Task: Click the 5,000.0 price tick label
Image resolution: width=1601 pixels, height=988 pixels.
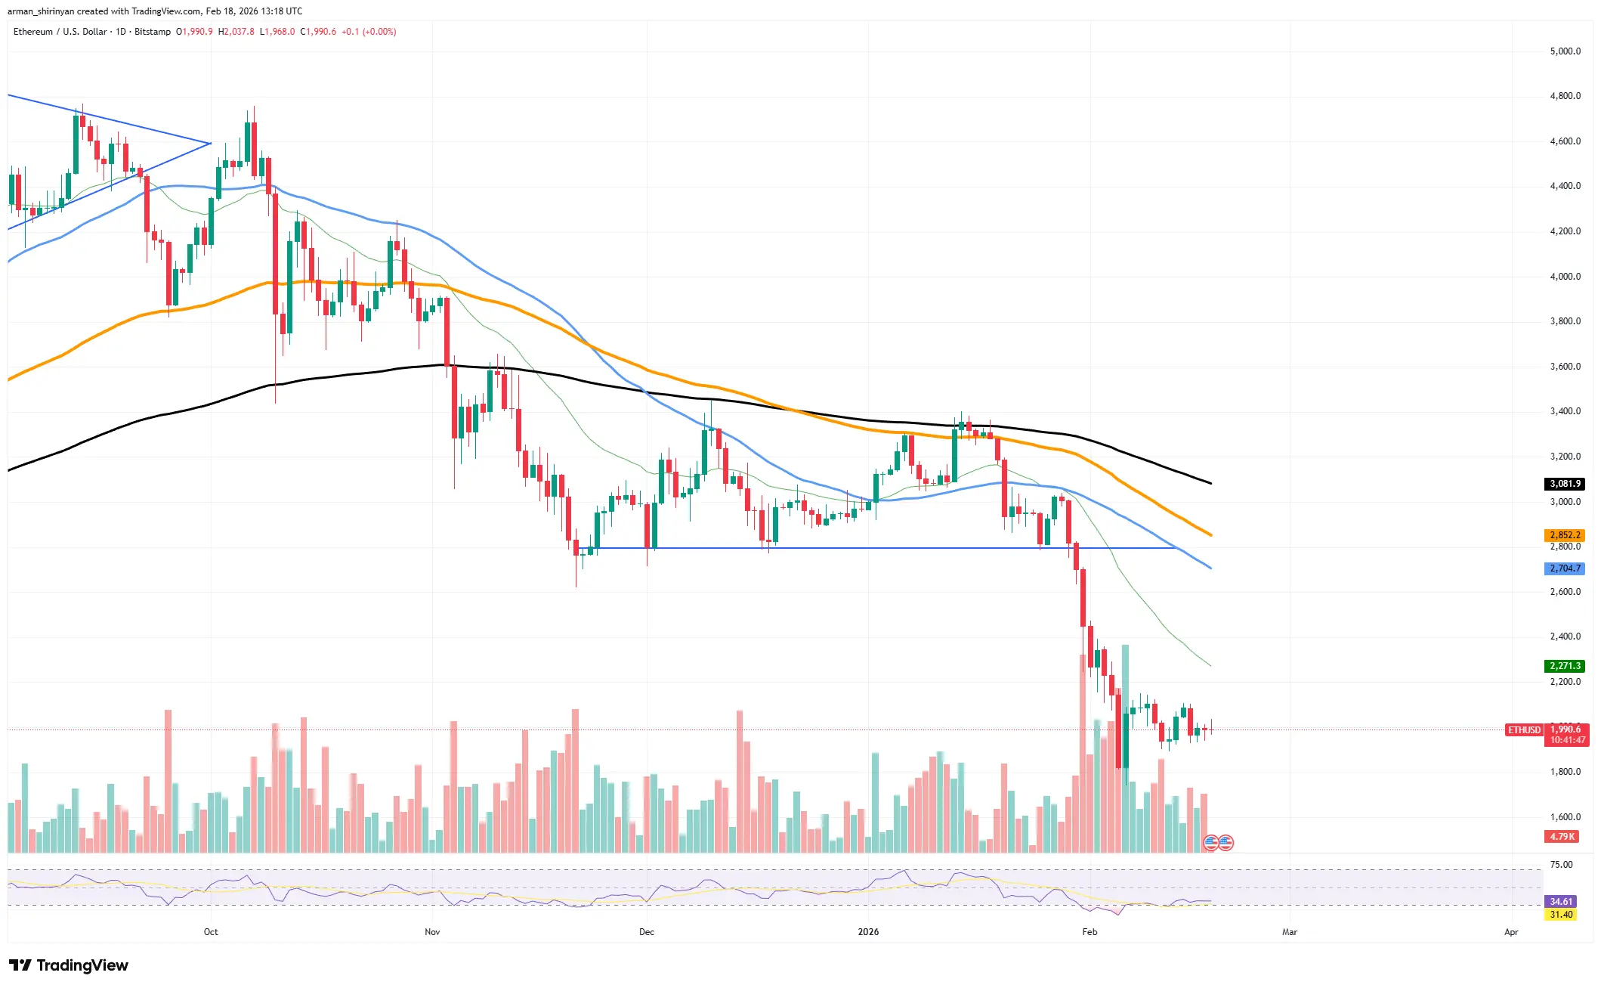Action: pos(1565,51)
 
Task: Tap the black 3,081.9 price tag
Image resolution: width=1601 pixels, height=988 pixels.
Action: pos(1565,484)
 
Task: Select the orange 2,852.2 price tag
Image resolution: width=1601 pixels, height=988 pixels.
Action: pos(1565,535)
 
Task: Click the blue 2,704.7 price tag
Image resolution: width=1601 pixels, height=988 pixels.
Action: pos(1565,568)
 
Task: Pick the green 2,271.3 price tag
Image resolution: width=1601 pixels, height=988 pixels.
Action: pos(1565,666)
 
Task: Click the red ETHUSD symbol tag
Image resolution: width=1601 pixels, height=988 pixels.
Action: pos(1524,730)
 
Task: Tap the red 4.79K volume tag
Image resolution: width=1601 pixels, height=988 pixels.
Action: pos(1562,837)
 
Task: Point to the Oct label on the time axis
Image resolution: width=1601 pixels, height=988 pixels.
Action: pos(211,932)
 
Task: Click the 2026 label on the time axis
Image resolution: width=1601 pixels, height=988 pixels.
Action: pos(868,932)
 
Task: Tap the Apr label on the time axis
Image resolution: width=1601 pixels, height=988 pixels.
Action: pos(1510,932)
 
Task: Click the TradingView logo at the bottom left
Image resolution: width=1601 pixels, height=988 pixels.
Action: pos(69,965)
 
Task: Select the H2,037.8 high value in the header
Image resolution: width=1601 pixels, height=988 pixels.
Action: pos(236,32)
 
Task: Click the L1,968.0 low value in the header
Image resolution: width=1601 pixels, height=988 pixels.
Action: pos(277,32)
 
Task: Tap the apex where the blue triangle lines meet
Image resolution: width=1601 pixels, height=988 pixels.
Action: pos(211,143)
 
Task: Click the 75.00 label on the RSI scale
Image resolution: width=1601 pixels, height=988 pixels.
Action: pos(1561,865)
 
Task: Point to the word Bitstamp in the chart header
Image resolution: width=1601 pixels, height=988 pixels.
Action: pos(153,32)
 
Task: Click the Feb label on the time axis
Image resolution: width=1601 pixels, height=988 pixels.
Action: pos(1089,932)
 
